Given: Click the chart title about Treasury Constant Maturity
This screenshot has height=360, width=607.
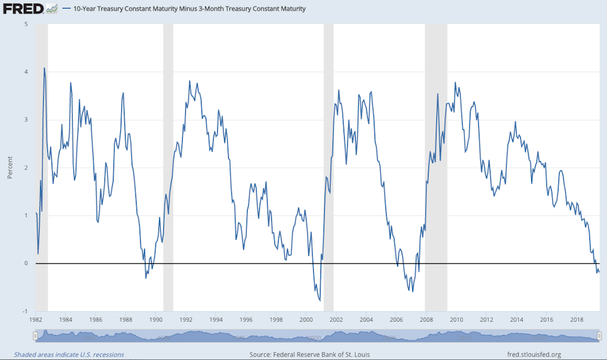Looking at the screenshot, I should pyautogui.click(x=189, y=9).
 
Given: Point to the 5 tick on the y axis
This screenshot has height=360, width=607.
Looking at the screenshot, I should pyautogui.click(x=25, y=24).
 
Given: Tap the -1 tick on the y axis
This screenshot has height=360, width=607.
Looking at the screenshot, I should pyautogui.click(x=25, y=311).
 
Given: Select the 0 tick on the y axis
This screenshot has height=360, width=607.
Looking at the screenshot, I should pyautogui.click(x=25, y=263).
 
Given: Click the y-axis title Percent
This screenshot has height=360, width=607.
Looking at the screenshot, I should pyautogui.click(x=10, y=168).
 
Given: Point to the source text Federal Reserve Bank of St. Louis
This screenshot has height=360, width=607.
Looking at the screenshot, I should pyautogui.click(x=310, y=355).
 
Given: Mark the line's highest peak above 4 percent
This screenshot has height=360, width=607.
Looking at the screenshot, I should pyautogui.click(x=44, y=68).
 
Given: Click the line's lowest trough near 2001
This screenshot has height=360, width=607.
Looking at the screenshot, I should pyautogui.click(x=320, y=300).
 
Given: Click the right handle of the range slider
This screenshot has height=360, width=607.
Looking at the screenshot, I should pyautogui.click(x=599, y=336).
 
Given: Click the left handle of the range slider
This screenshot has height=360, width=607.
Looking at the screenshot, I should pyautogui.click(x=35, y=336).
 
